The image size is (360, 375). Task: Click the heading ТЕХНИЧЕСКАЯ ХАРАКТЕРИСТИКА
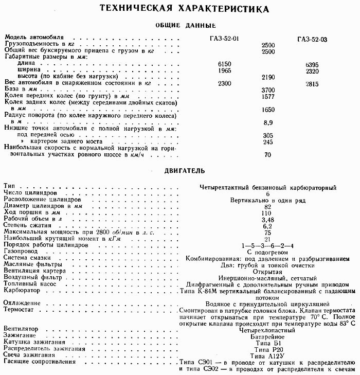point(184,9)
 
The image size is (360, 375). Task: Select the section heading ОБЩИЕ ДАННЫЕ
point(185,26)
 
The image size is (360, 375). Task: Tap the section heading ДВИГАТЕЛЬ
point(185,170)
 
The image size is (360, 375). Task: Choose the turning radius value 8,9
point(267,123)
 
